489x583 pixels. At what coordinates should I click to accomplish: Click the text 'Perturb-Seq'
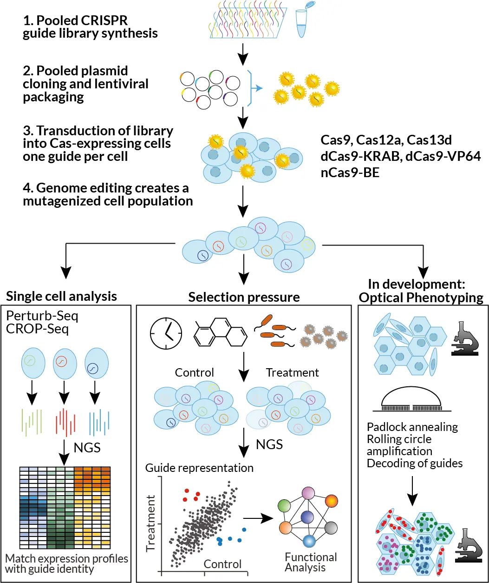point(42,317)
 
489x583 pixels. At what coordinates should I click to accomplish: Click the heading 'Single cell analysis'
point(61,296)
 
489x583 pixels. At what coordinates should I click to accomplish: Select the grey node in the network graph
point(330,528)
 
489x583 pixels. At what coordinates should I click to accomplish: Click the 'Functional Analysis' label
point(311,562)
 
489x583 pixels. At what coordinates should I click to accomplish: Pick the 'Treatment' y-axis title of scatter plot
point(150,523)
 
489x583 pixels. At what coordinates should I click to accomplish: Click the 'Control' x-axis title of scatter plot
point(223,564)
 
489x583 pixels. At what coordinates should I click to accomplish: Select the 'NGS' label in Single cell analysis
point(87,448)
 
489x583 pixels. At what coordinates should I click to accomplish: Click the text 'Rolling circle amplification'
point(399,445)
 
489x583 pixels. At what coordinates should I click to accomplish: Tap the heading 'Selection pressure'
point(244,297)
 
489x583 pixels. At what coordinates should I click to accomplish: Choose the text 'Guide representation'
point(199,467)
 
